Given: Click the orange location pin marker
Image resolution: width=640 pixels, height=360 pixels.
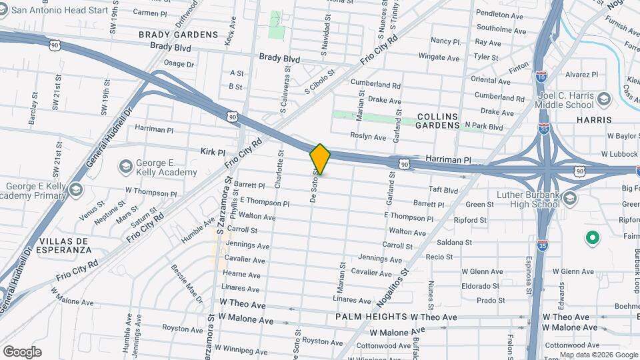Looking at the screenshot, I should pos(321,159).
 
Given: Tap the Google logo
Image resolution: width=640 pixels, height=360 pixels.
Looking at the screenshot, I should pos(22,352).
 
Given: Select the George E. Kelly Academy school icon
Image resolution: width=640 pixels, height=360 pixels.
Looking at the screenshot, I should pos(125,165).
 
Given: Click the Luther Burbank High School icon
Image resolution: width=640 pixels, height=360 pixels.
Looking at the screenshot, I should pos(570,198).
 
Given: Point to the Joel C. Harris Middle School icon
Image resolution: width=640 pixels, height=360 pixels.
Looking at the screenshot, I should pos(603,100).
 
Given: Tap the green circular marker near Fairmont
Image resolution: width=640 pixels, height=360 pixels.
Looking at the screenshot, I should pos(591,237).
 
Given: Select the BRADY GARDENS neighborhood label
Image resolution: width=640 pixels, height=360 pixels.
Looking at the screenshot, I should pos(178,34).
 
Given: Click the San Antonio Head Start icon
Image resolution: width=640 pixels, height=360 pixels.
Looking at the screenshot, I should pos(5,10).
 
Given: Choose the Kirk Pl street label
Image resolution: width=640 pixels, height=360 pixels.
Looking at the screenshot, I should pos(213,152).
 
